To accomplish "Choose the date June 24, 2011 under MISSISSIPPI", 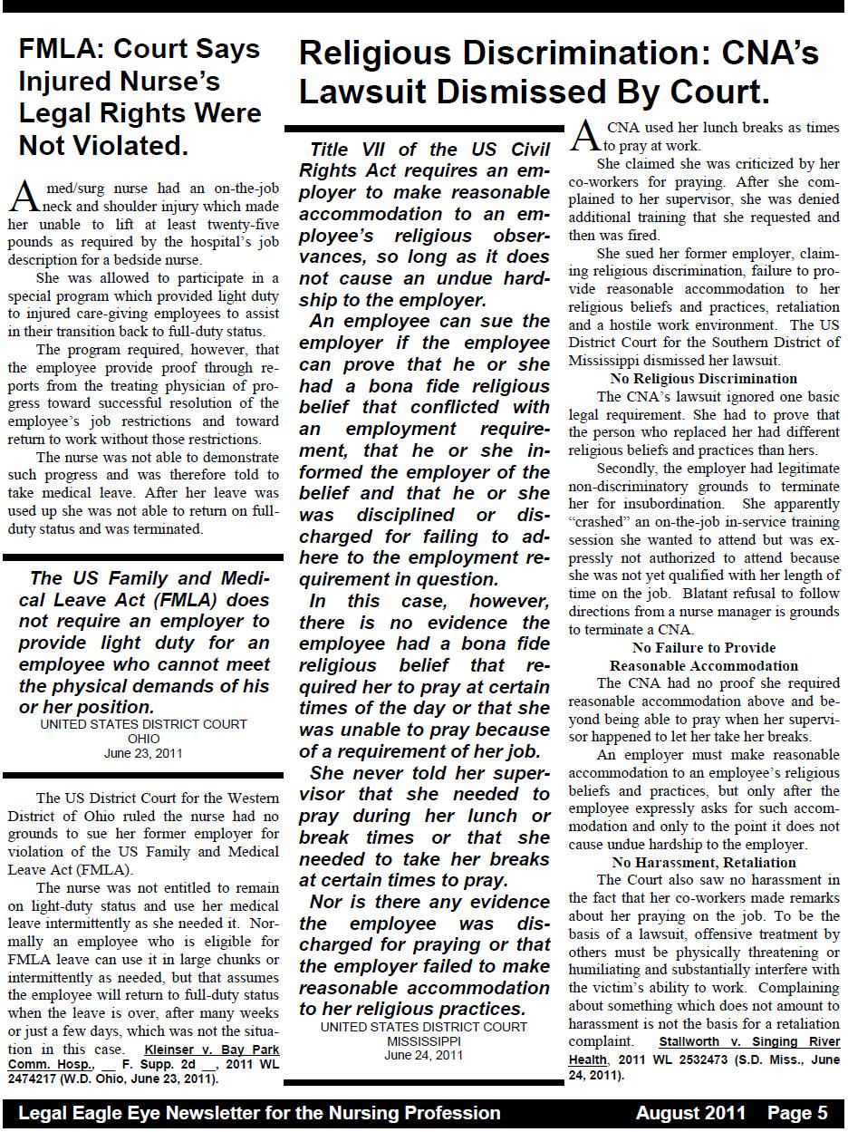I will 423,1055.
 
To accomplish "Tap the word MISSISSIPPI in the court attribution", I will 423,1041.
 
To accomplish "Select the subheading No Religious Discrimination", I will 703,379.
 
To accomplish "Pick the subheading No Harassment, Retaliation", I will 703,862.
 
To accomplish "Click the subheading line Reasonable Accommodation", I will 703,666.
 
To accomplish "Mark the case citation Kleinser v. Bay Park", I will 212,1050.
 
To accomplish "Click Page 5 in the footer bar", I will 797,1114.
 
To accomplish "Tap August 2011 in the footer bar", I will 690,1114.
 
